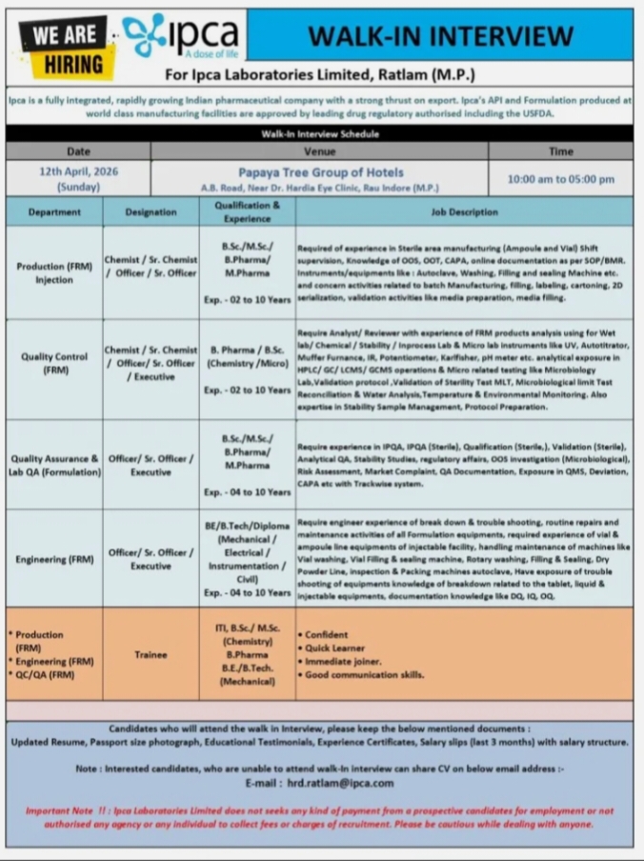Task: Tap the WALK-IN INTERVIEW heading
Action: [439, 35]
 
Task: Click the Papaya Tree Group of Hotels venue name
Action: [320, 172]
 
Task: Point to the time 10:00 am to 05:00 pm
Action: [560, 179]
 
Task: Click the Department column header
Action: [54, 212]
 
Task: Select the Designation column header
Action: [151, 212]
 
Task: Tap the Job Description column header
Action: [464, 212]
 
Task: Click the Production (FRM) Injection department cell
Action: [54, 273]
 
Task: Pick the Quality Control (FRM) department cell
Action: [54, 363]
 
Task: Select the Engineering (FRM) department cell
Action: [54, 559]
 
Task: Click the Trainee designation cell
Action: [151, 654]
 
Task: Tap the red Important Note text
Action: [320, 817]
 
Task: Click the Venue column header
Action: [320, 151]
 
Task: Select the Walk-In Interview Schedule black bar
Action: [320, 134]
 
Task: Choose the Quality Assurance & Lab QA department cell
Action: [54, 465]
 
